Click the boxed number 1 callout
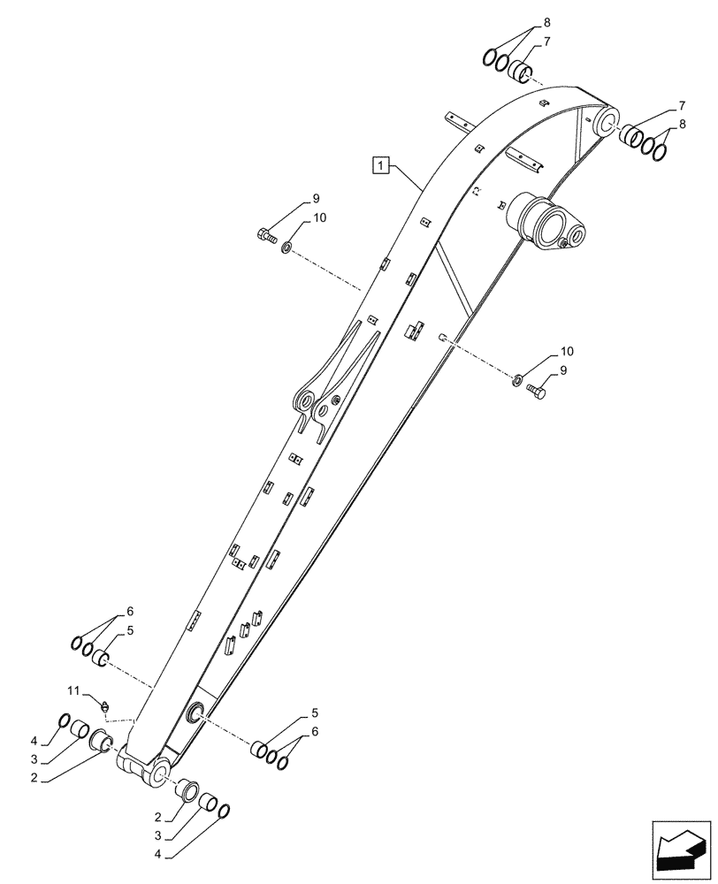380,165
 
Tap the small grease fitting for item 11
106,705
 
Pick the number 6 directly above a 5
129,611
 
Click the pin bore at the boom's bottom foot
162,772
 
